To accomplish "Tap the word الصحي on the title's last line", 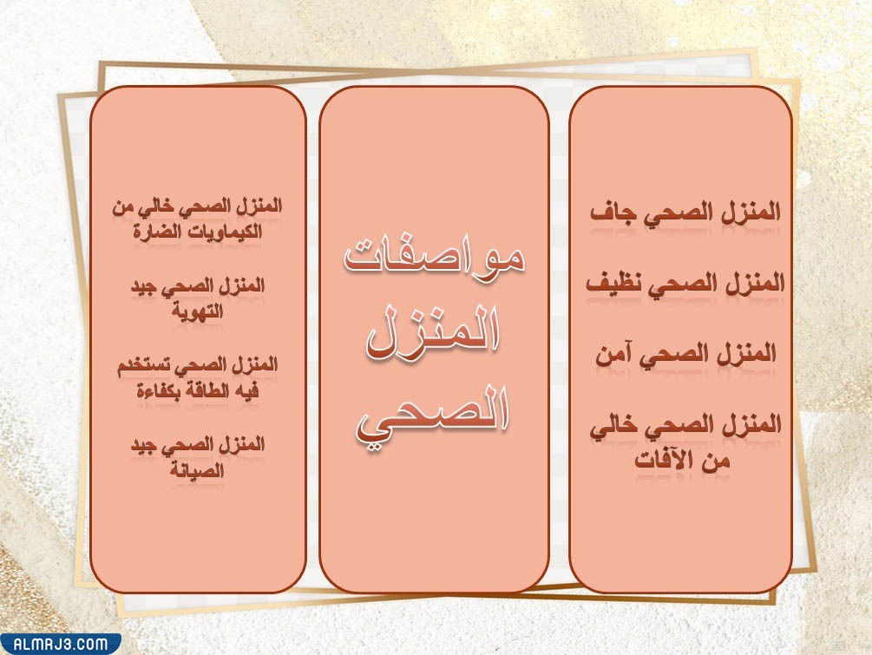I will tap(434, 415).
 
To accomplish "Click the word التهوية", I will tap(199, 313).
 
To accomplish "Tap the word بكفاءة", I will tap(141, 391).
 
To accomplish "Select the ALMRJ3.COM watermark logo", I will tap(61, 644).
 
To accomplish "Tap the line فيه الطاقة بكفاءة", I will tap(199, 391).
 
